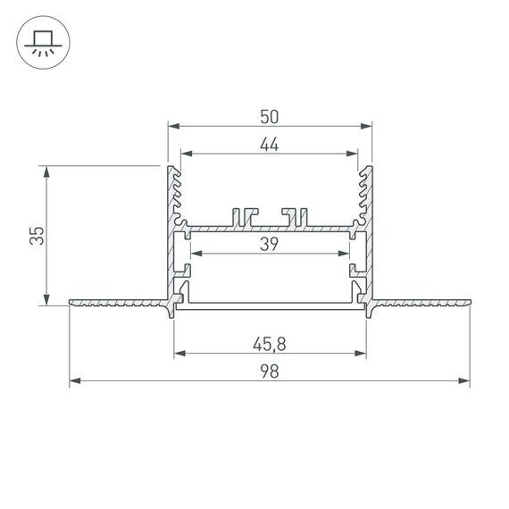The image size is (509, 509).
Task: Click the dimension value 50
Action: tap(271, 115)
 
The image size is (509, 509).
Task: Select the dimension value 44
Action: tap(271, 146)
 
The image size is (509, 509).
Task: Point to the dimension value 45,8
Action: tap(271, 341)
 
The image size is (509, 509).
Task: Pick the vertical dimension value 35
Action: tap(37, 235)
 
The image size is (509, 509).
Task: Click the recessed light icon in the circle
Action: tap(42, 43)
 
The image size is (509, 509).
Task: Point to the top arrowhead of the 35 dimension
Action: tap(45, 170)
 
